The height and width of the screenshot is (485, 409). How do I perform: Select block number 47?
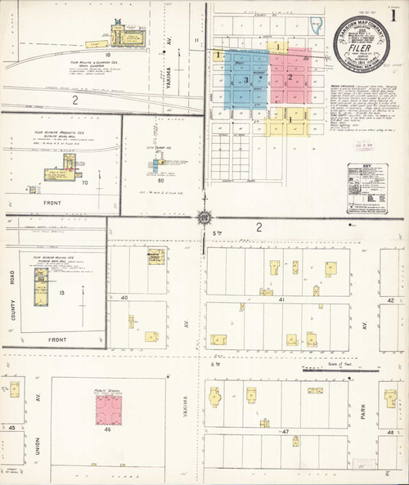285,430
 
